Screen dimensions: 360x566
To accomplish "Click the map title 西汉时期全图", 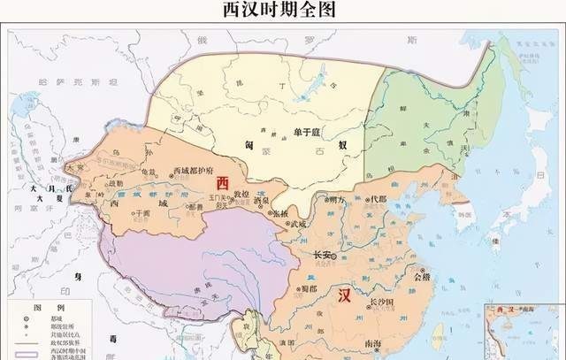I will [283, 11].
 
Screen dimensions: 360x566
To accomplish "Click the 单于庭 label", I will [305, 133].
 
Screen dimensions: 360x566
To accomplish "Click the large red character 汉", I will [340, 295].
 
